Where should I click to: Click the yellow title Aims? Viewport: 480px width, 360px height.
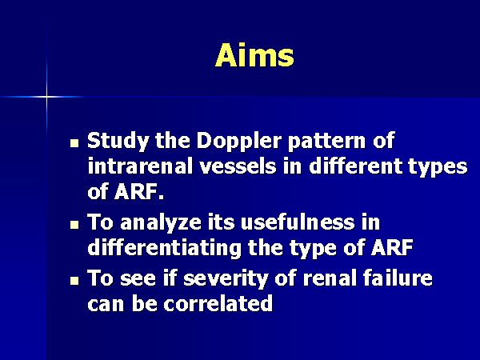tap(254, 55)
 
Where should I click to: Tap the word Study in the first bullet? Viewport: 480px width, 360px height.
tap(118, 142)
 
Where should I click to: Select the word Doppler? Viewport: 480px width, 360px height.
tap(239, 142)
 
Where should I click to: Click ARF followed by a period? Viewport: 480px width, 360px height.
tap(139, 192)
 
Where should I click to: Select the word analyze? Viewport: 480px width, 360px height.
tap(161, 222)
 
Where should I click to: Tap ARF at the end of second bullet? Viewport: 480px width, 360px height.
tap(392, 247)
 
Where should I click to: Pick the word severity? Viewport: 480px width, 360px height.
tap(226, 279)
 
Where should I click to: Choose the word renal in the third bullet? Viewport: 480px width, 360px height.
tap(330, 278)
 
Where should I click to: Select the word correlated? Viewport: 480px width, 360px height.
tap(218, 303)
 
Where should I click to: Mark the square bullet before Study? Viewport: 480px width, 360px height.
tap(74, 143)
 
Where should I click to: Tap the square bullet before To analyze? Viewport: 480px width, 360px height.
tap(74, 225)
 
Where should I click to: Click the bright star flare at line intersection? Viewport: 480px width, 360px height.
tap(47, 97)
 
